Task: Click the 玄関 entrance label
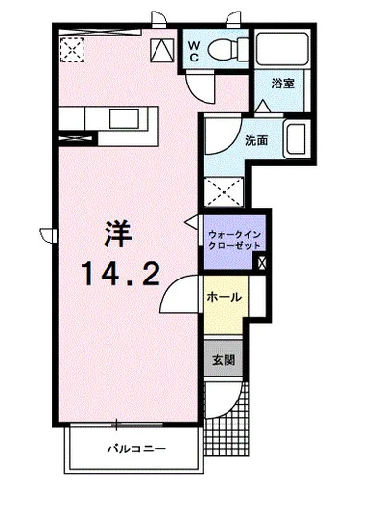(223, 361)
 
